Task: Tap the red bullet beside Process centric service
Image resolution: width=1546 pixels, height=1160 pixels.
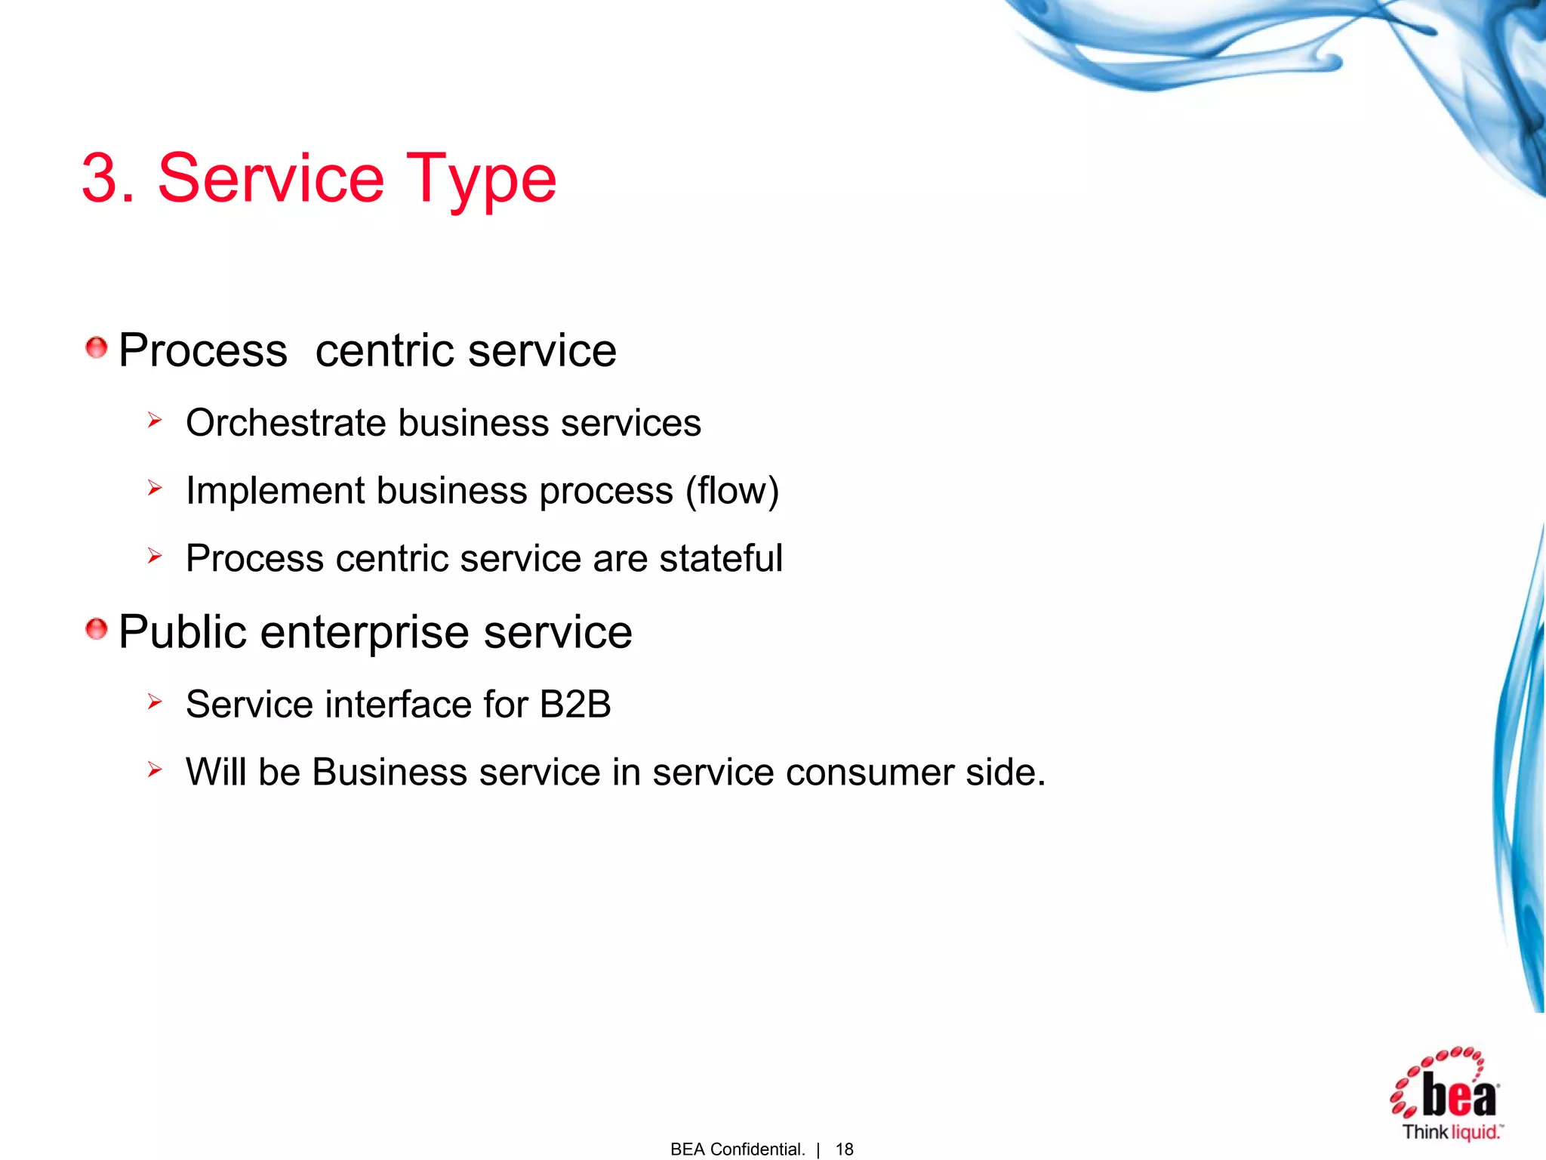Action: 96,348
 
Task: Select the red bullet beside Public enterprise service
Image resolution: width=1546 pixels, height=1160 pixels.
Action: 96,628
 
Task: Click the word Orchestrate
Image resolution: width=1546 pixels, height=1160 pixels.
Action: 286,423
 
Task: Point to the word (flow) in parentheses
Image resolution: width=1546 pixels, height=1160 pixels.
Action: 731,492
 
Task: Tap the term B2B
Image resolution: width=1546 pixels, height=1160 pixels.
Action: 574,705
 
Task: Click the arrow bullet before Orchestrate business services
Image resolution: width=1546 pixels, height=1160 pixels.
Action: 155,420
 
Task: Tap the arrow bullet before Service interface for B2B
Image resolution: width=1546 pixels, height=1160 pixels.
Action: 155,702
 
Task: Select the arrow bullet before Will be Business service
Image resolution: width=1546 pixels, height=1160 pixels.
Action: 155,770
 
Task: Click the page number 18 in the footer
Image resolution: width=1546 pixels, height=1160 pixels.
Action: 844,1149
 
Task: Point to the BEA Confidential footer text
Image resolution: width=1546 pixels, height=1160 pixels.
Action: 737,1149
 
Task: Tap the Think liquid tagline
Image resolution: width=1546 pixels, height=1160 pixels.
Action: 1451,1132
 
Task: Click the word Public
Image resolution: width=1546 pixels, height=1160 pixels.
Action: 182,631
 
